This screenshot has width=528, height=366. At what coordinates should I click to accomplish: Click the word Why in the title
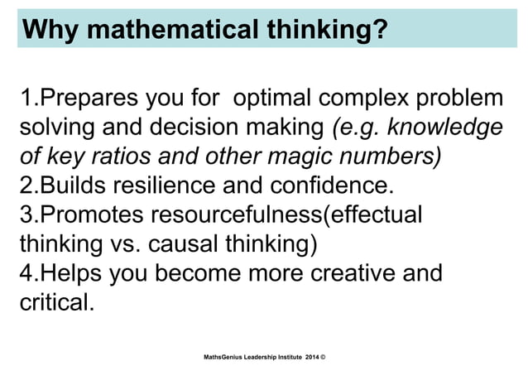point(52,31)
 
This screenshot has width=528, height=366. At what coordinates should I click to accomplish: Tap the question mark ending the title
point(379,31)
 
